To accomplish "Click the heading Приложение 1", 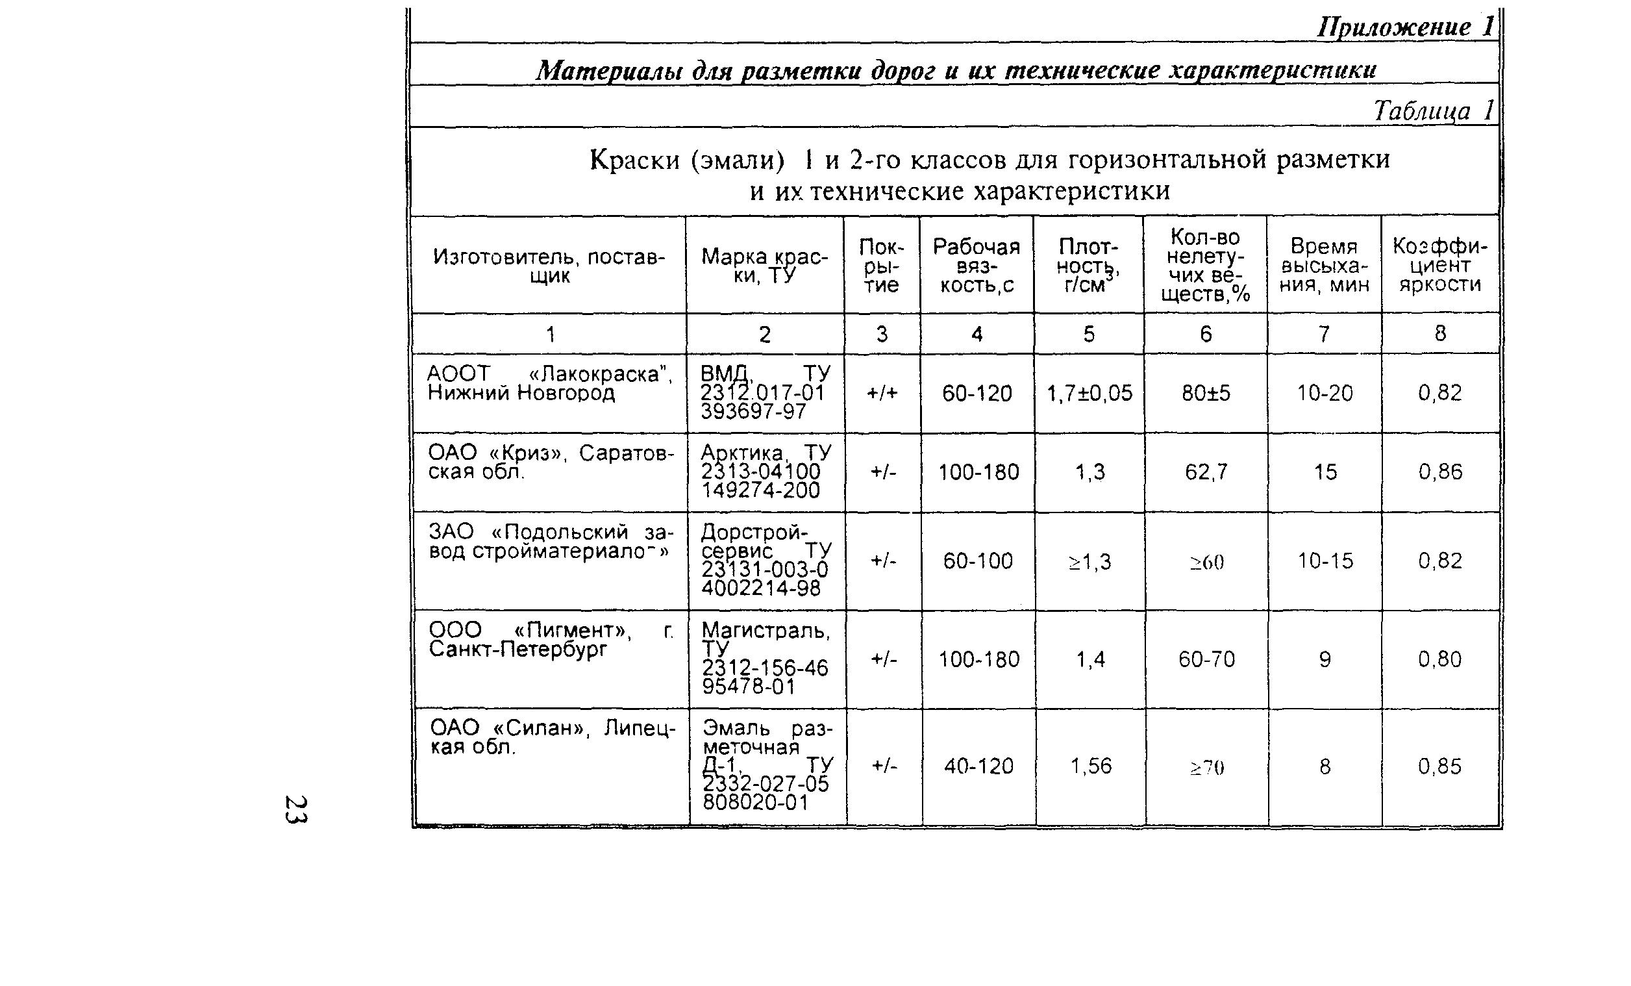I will tap(1405, 27).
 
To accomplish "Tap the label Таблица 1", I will tap(1433, 110).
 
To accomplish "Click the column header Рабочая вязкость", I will tap(977, 266).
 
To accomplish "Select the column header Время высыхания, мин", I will tap(1324, 266).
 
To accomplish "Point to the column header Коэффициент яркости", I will tap(1439, 266).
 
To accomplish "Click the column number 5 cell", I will tap(1089, 334).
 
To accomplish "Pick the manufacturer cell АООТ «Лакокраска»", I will tap(549, 383).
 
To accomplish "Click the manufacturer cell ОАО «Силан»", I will tap(553, 738).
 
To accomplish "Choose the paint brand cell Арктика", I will tap(766, 472).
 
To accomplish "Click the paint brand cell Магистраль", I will tap(766, 658).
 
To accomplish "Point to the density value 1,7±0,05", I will tap(1089, 394).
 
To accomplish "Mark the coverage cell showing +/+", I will tap(882, 394).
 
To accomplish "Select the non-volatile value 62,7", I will tap(1206, 472).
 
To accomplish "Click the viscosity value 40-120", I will tap(978, 766).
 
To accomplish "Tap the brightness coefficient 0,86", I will tap(1439, 472).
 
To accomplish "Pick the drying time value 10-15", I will tap(1325, 561).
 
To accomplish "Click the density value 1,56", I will tap(1091, 766).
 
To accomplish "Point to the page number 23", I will tap(295, 809).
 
